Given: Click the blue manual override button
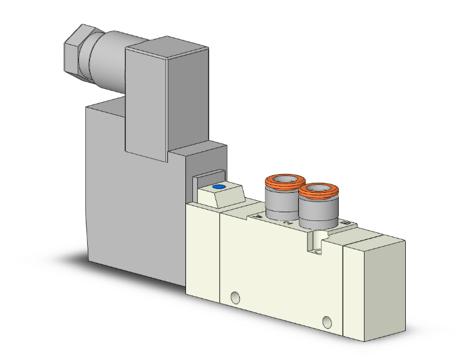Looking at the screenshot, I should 218,187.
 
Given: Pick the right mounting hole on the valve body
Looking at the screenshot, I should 326,323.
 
